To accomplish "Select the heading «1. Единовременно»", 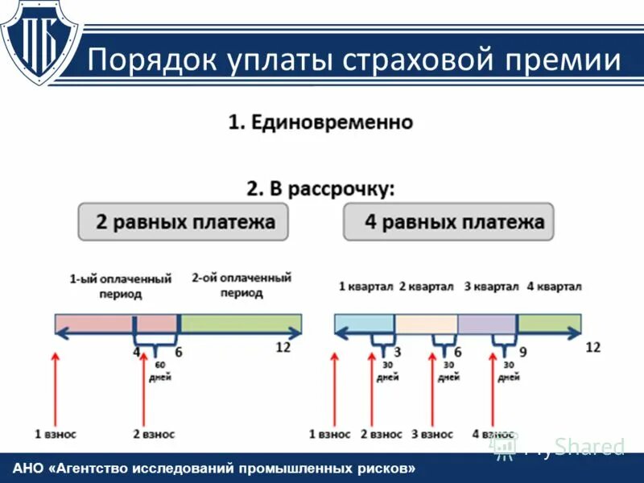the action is pyautogui.click(x=320, y=123).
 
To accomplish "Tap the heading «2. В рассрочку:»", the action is pyautogui.click(x=320, y=189).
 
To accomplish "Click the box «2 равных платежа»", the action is pyautogui.click(x=183, y=221).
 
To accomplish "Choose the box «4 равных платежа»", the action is pyautogui.click(x=448, y=221).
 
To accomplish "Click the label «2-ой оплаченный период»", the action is pyautogui.click(x=242, y=285).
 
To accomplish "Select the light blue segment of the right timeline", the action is pyautogui.click(x=365, y=324).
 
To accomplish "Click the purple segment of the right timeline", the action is pyautogui.click(x=487, y=324).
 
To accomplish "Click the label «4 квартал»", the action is pyautogui.click(x=554, y=287).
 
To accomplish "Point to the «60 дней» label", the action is pyautogui.click(x=160, y=371).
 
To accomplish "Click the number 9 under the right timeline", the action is pyautogui.click(x=522, y=352).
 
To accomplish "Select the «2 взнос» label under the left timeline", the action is pyautogui.click(x=154, y=434).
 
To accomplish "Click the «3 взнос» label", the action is pyautogui.click(x=432, y=434).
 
